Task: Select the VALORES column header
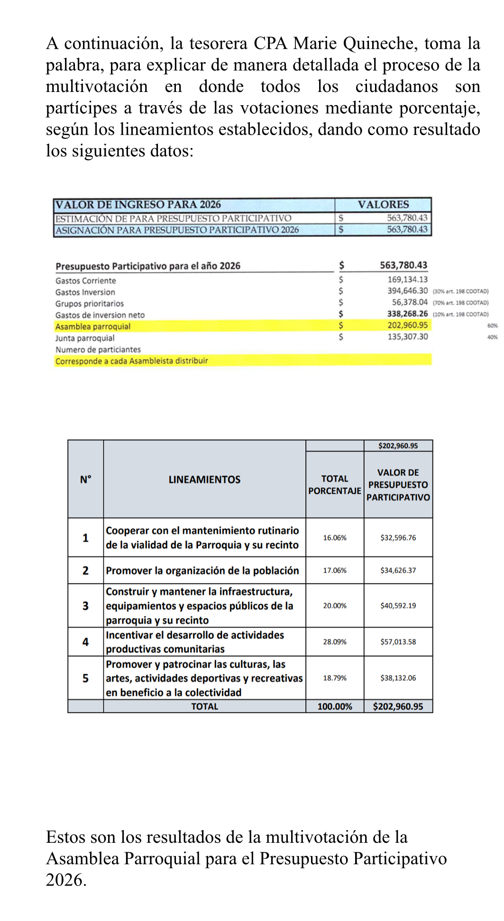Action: pyautogui.click(x=383, y=205)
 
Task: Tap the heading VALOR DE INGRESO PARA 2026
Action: pyautogui.click(x=138, y=205)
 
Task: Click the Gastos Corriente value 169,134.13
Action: pyautogui.click(x=407, y=280)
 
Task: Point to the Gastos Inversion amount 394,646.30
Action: pyautogui.click(x=407, y=291)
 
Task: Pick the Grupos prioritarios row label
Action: pyautogui.click(x=90, y=304)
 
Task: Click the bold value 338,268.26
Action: pyautogui.click(x=407, y=314)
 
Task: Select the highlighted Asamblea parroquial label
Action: pyautogui.click(x=93, y=327)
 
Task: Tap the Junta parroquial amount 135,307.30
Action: pyautogui.click(x=407, y=337)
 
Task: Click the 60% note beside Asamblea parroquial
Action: pyautogui.click(x=492, y=326)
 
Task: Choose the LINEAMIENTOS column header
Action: pyautogui.click(x=204, y=480)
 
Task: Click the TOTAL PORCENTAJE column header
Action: pyautogui.click(x=335, y=485)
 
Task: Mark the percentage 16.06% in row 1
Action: pyautogui.click(x=335, y=538)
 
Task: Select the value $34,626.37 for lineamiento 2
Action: pyautogui.click(x=398, y=571)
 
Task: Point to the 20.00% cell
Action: pyautogui.click(x=335, y=606)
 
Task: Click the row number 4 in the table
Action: pyautogui.click(x=85, y=642)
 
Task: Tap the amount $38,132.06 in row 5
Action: pyautogui.click(x=398, y=678)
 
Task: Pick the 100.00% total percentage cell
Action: pyautogui.click(x=335, y=707)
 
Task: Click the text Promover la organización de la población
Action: pyautogui.click(x=202, y=571)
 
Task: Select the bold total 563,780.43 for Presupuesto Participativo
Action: pyautogui.click(x=403, y=265)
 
